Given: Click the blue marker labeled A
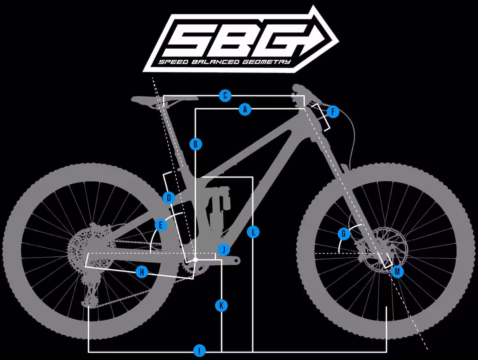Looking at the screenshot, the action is (x=245, y=109).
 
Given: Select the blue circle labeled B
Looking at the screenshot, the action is (x=196, y=144).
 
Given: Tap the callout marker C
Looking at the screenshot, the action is (x=225, y=95).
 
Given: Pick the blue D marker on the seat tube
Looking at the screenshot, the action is (x=169, y=198).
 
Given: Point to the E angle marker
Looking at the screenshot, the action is (x=161, y=225).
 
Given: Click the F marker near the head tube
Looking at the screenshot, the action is (x=333, y=112).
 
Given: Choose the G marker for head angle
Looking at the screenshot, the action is (x=344, y=234).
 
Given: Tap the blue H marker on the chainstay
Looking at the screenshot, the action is (x=142, y=272).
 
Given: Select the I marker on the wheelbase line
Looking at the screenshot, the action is (x=199, y=350).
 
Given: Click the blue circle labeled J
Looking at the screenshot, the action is (x=223, y=249).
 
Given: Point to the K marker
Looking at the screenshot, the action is (x=221, y=305).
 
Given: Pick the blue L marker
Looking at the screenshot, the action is (x=253, y=232).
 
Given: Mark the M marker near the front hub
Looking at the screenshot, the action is (x=398, y=272).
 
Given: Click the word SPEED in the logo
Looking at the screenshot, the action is (x=173, y=62).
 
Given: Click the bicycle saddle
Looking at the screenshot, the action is (x=165, y=100).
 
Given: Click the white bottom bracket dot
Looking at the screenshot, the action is (x=195, y=260).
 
